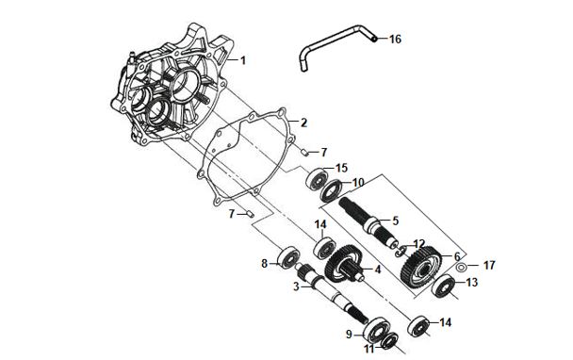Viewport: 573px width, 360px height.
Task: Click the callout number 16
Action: [x=395, y=39]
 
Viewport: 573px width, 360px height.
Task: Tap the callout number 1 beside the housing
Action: [x=243, y=60]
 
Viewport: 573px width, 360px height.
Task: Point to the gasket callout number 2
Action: [x=303, y=123]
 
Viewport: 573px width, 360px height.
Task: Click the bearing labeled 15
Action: [x=318, y=179]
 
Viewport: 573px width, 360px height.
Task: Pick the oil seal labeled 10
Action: [x=332, y=190]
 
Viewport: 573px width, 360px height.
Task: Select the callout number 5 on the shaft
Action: [x=395, y=221]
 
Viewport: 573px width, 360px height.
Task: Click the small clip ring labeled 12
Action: [x=401, y=251]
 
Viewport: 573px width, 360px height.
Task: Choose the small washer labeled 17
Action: [x=461, y=267]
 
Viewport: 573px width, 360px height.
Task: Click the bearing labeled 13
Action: [x=443, y=286]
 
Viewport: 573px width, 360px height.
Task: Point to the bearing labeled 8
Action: [x=289, y=257]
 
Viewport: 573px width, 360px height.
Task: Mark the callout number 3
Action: [x=296, y=286]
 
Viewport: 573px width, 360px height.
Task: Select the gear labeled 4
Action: [x=343, y=264]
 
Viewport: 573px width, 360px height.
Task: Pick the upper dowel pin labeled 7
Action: [x=305, y=152]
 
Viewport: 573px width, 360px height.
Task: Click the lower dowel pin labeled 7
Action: [x=250, y=213]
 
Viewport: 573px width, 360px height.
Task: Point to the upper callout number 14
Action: [x=320, y=223]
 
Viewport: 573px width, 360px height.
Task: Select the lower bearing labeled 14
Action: [x=418, y=326]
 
